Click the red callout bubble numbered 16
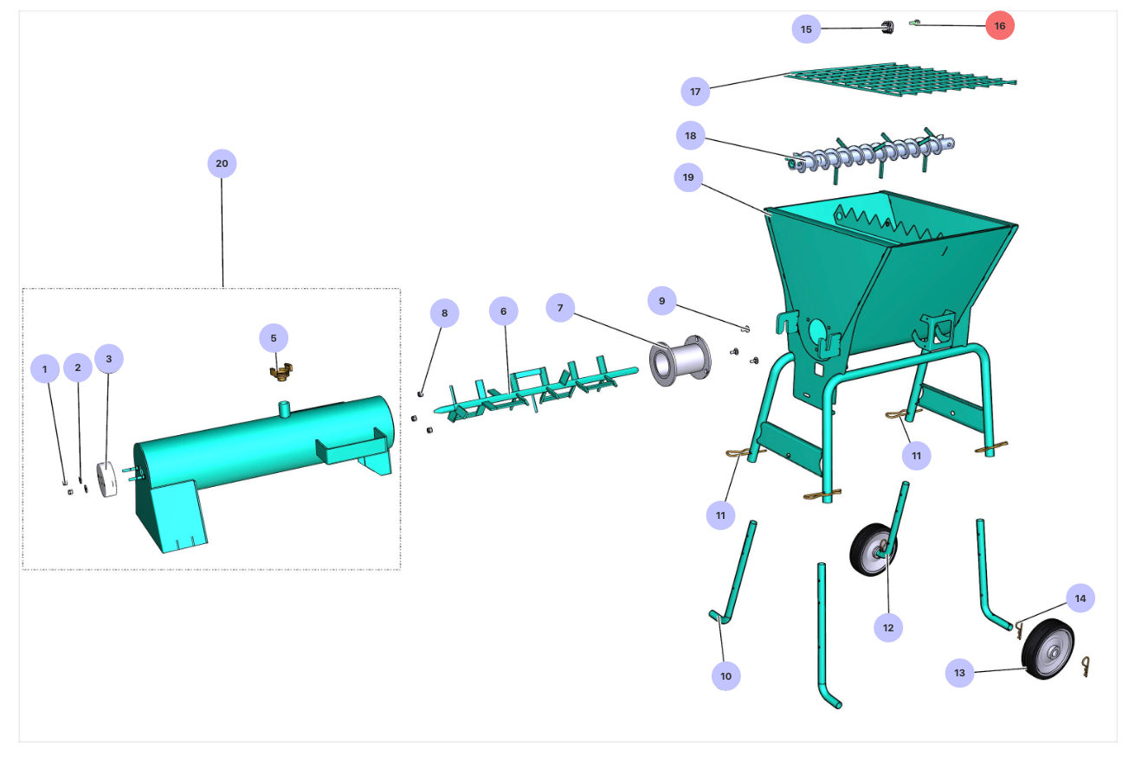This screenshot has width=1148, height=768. pos(1000,26)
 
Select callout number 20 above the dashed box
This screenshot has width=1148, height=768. pos(222,163)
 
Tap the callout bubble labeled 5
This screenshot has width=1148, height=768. pos(274,338)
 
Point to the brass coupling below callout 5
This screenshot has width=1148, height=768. pos(281,371)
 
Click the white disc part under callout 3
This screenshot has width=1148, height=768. pos(106,479)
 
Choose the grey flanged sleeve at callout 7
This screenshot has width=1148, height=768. pos(680,361)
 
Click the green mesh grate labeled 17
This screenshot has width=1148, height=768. pos(900,81)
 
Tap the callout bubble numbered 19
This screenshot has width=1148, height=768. pos(688,177)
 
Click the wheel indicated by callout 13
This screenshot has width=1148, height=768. pos(1048,649)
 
